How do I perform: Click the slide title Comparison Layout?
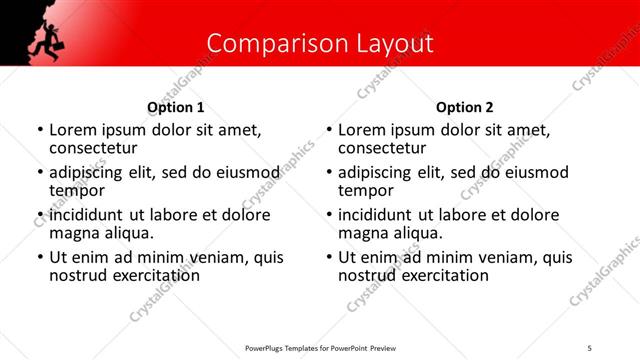(320, 43)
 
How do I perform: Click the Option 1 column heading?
(176, 107)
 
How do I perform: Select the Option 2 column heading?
(465, 107)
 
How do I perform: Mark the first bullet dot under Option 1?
(40, 130)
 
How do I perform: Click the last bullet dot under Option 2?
(329, 258)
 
